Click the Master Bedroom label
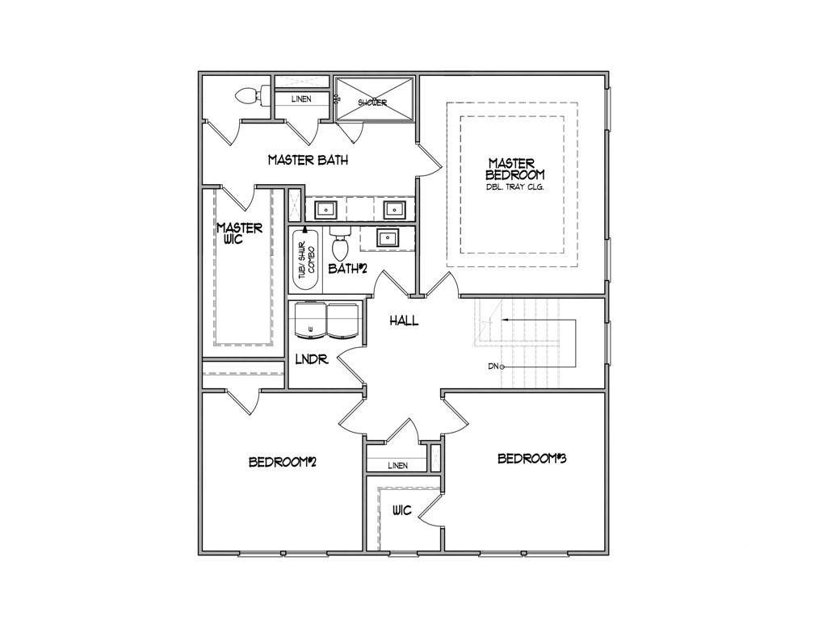(514, 168)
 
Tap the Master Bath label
(308, 160)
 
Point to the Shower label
(372, 103)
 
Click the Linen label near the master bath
(300, 98)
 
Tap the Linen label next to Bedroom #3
(397, 465)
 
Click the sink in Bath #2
(388, 237)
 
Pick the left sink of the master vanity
(324, 210)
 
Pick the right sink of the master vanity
(393, 210)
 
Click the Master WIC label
(240, 233)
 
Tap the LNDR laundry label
(312, 359)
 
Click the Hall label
(404, 320)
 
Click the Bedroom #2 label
(280, 462)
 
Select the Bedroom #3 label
(531, 459)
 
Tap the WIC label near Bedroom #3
(402, 510)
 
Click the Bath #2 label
(347, 268)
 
